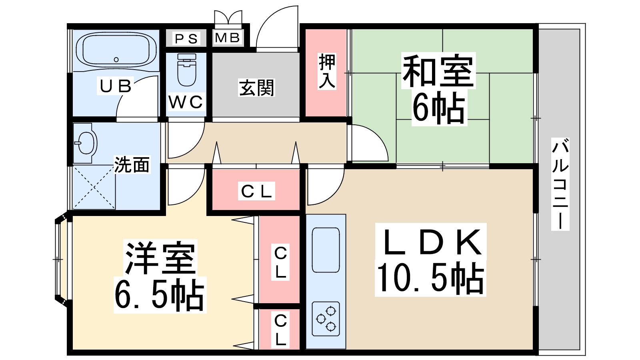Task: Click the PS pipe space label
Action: click(x=186, y=38)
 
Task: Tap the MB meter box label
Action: click(x=228, y=38)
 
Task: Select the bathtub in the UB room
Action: click(x=116, y=51)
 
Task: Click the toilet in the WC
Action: click(x=186, y=70)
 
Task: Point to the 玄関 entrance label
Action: click(x=256, y=88)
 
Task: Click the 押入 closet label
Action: click(x=327, y=71)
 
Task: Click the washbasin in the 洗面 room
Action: click(x=86, y=142)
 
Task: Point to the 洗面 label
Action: click(x=132, y=165)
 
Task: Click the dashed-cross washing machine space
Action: click(x=94, y=187)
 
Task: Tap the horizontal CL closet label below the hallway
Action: click(x=256, y=191)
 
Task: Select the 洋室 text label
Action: click(x=160, y=258)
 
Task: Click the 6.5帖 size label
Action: click(x=160, y=295)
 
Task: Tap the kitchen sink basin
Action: click(x=326, y=250)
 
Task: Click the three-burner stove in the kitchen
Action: click(x=326, y=318)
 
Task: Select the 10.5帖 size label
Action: click(x=430, y=278)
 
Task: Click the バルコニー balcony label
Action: click(x=560, y=184)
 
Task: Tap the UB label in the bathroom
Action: click(x=116, y=86)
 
